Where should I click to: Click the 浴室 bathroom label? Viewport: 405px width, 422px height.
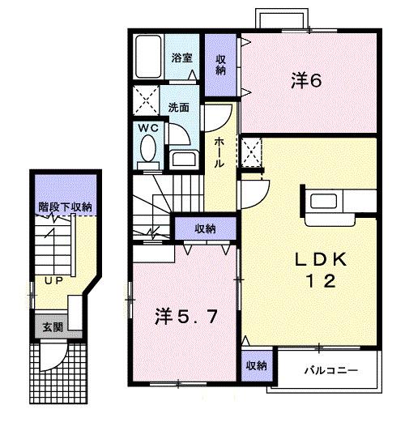(181, 58)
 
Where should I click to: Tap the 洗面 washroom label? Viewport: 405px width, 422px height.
(179, 105)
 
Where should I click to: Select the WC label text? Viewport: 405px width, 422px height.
(147, 127)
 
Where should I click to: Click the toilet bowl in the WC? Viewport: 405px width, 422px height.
(148, 150)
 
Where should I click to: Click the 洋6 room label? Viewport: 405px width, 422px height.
(307, 80)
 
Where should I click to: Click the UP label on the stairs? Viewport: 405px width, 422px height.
(54, 280)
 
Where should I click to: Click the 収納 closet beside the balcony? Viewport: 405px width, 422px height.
(256, 366)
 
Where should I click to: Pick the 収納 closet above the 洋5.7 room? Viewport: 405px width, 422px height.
(204, 229)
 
